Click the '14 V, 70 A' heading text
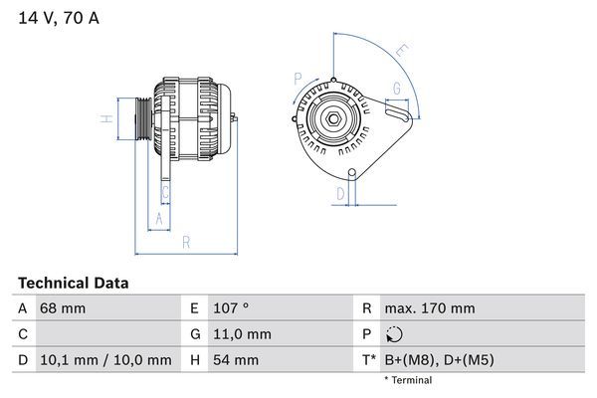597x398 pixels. pyautogui.click(x=59, y=18)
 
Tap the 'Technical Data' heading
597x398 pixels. pyautogui.click(x=73, y=283)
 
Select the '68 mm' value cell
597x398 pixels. pyautogui.click(x=63, y=308)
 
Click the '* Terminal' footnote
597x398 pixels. pyautogui.click(x=408, y=380)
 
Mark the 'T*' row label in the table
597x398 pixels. pyautogui.click(x=369, y=360)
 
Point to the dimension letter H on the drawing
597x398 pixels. pyautogui.click(x=104, y=119)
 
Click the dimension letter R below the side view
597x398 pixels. pyautogui.click(x=185, y=243)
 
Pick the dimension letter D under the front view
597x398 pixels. pyautogui.click(x=340, y=192)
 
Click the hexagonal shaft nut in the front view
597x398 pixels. pyautogui.click(x=333, y=120)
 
